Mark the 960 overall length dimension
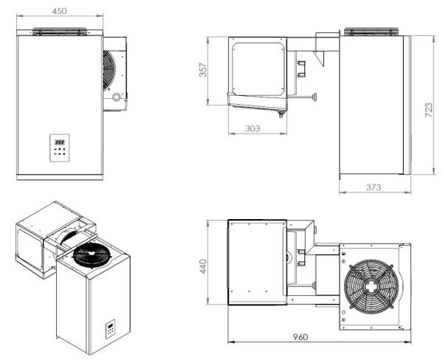pyautogui.click(x=319, y=336)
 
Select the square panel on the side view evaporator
pyautogui.click(x=258, y=66)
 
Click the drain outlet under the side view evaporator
pyautogui.click(x=280, y=112)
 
